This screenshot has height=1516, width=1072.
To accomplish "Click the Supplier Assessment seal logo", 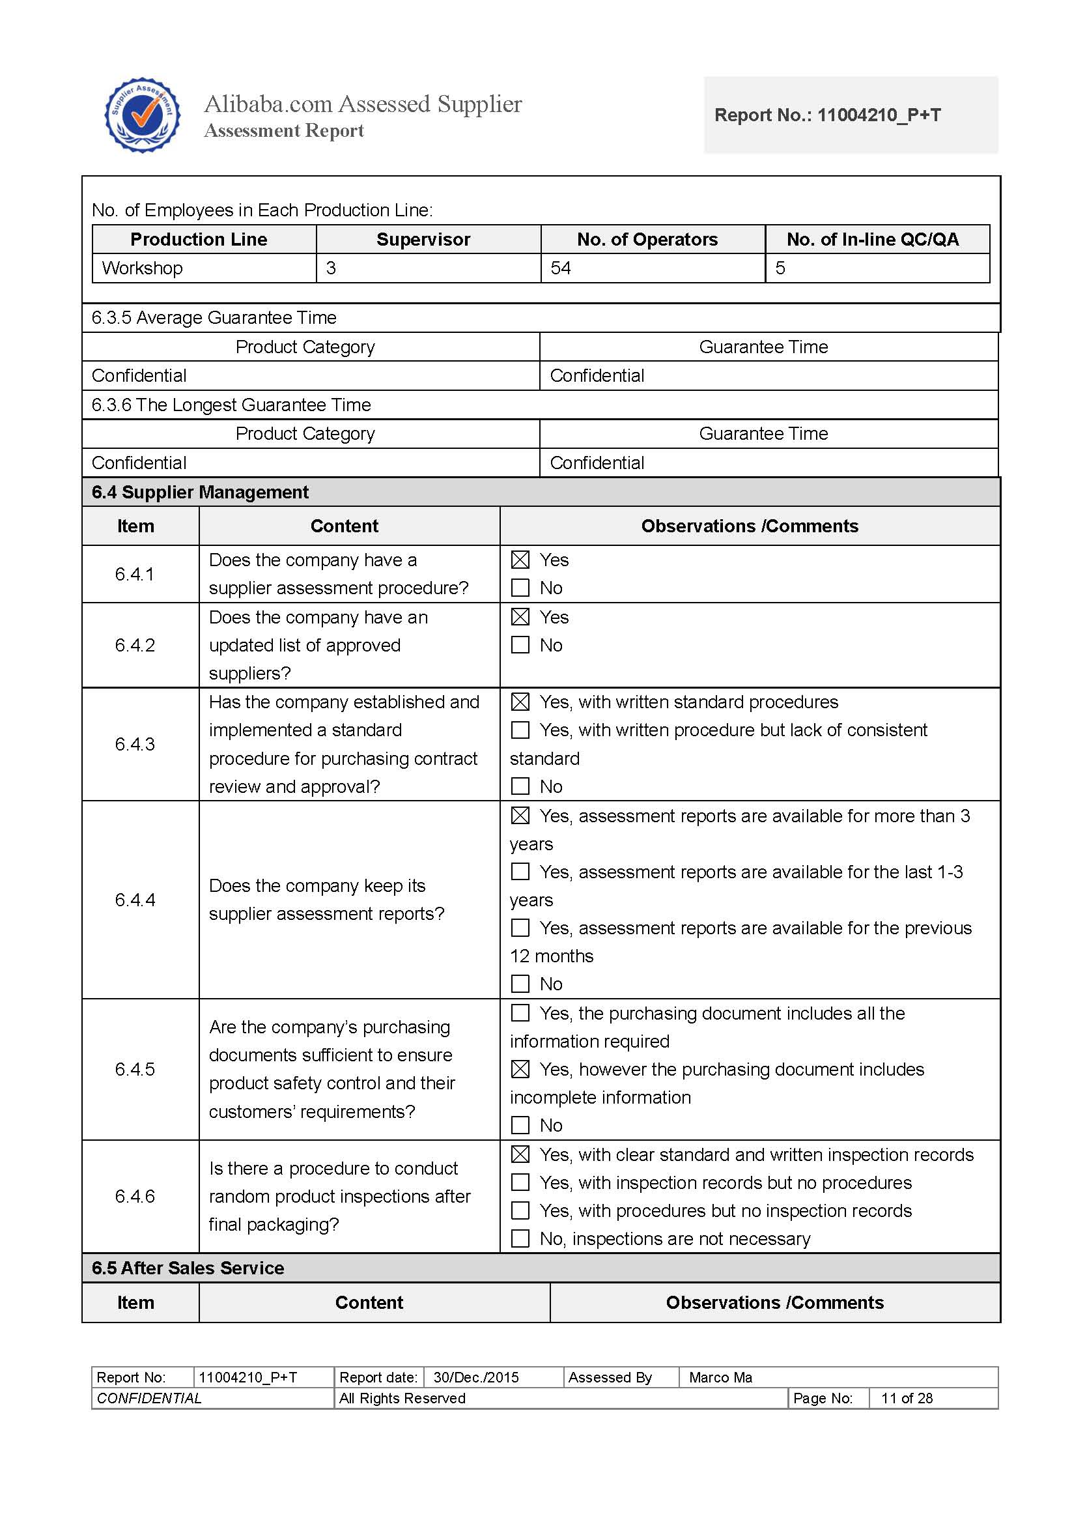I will tap(143, 115).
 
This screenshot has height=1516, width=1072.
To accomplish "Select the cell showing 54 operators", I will tap(561, 268).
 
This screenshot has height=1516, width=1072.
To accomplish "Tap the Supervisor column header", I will tap(423, 239).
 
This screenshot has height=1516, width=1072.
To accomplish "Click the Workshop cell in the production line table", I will tap(143, 268).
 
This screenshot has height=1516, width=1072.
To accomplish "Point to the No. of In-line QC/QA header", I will tap(872, 239).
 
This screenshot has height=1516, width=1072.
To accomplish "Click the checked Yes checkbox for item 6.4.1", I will tap(520, 560).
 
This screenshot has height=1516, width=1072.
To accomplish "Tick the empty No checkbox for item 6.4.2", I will tap(520, 645).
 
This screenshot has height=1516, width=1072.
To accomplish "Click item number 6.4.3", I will tap(135, 744).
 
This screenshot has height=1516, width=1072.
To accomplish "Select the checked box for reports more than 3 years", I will tap(520, 816).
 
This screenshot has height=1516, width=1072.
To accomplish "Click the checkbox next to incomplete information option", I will tap(520, 1070).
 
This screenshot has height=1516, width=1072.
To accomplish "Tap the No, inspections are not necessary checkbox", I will tap(520, 1238).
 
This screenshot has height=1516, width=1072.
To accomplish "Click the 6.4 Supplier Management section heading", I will tap(200, 492).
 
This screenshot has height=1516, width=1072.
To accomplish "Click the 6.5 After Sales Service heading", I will tap(188, 1268).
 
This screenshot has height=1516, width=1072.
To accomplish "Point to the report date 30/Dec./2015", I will tap(476, 1377).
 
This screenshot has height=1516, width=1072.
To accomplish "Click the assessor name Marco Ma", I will tap(720, 1377).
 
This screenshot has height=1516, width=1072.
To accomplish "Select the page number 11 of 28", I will tap(907, 1398).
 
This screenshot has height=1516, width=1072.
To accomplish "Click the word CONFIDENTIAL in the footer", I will tap(149, 1398).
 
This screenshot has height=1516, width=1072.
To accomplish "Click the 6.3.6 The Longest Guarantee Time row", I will tap(231, 405).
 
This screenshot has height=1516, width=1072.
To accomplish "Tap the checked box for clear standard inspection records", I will tap(520, 1154).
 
